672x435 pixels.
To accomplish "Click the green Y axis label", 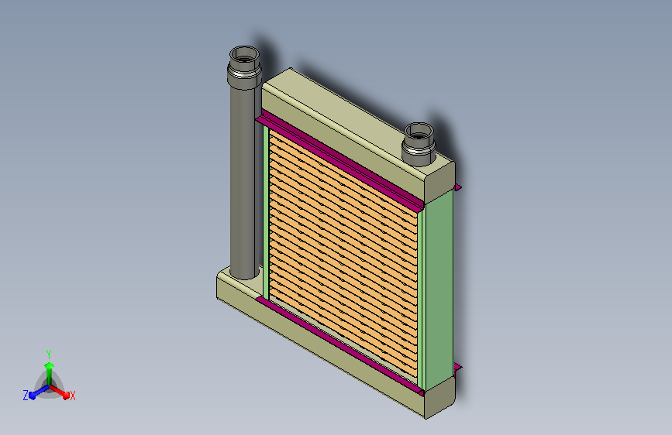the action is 49,354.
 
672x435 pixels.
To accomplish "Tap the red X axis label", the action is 72,396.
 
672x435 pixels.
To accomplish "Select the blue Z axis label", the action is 26,396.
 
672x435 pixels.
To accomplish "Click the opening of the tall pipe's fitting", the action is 244,55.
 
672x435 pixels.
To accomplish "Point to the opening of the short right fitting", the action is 419,132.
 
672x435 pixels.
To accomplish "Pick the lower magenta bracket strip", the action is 339,345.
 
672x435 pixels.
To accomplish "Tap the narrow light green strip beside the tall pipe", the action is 266,212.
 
